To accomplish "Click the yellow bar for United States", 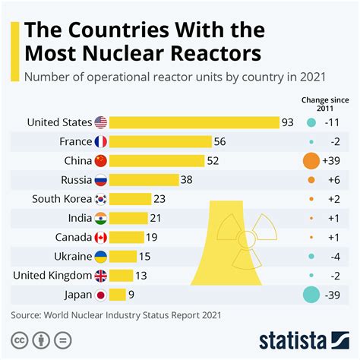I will click(194, 122).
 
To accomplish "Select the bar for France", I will click(161, 141).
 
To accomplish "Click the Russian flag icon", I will click(101, 180).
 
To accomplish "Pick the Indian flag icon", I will click(101, 219).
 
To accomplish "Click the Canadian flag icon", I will click(101, 238).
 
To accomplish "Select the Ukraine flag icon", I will click(101, 257).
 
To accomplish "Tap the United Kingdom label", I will click(52, 276).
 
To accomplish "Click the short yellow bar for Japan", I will click(118, 295).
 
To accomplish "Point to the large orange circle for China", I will click(311, 161).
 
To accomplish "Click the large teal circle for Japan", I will click(311, 295).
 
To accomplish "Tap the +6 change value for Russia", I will click(333, 180).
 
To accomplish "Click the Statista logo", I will click(304, 339).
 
